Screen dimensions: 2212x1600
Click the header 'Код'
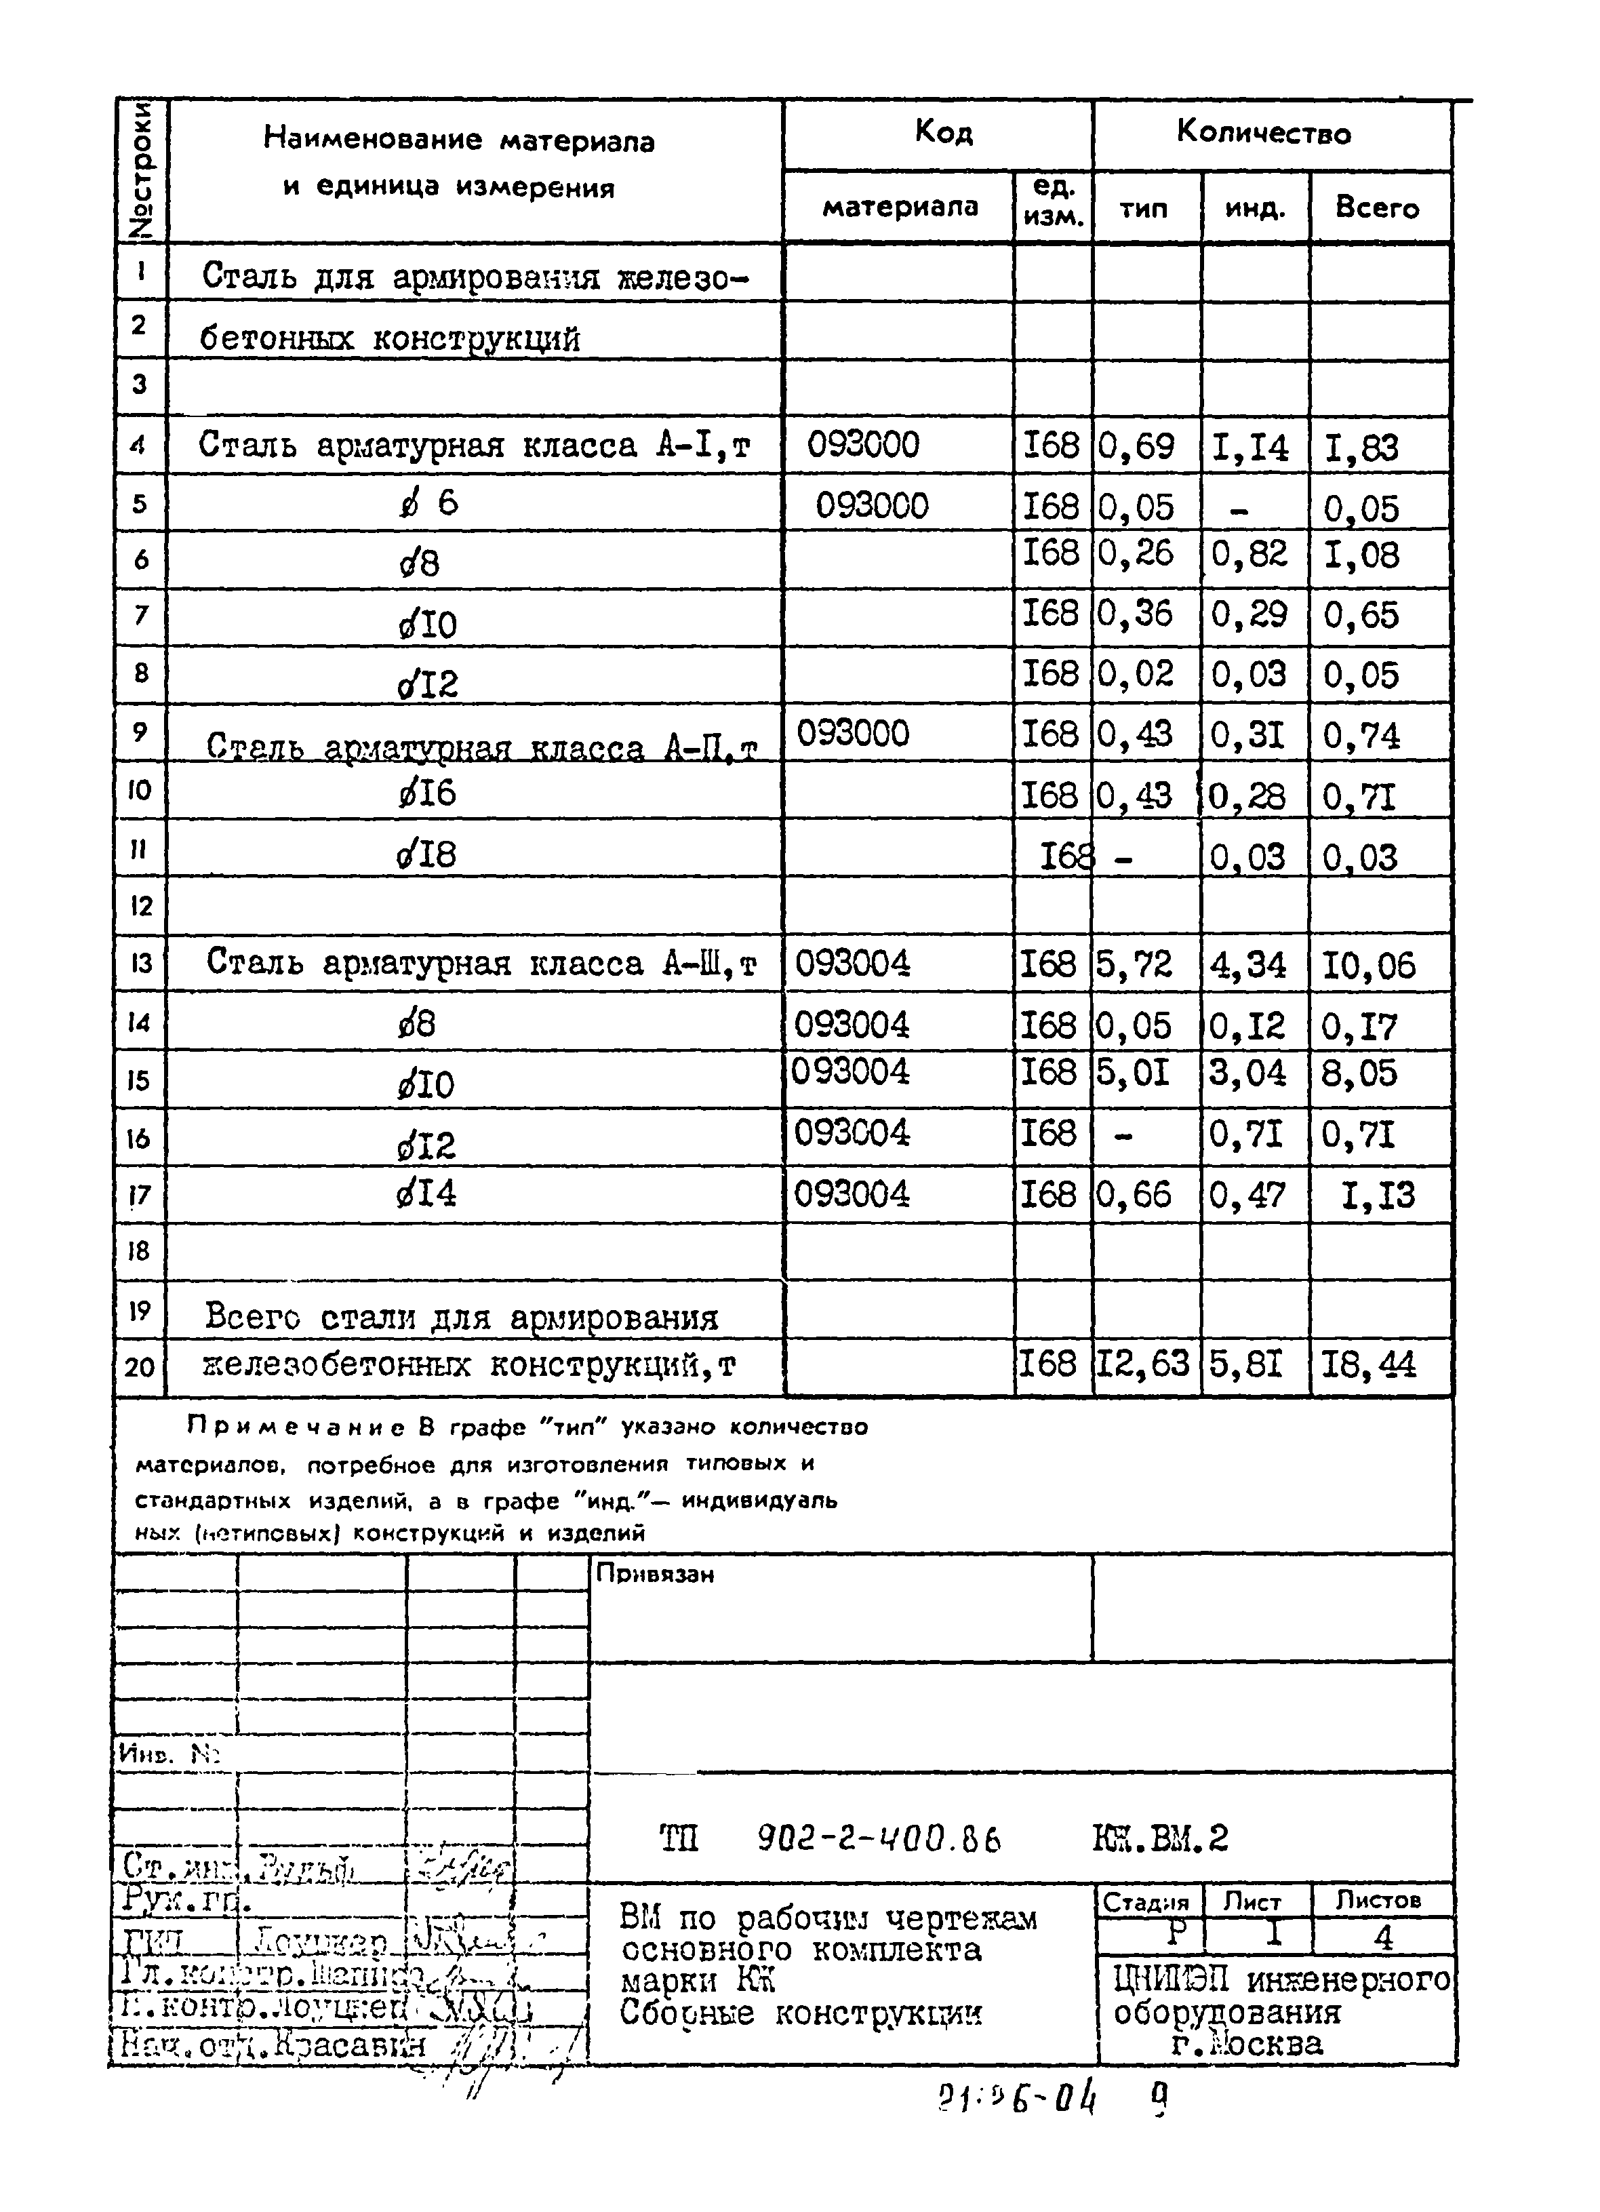(x=943, y=132)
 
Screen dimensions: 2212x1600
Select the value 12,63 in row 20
(x=1143, y=1364)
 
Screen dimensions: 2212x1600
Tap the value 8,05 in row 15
(x=1359, y=1074)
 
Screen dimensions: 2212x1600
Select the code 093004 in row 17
(x=852, y=1193)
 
